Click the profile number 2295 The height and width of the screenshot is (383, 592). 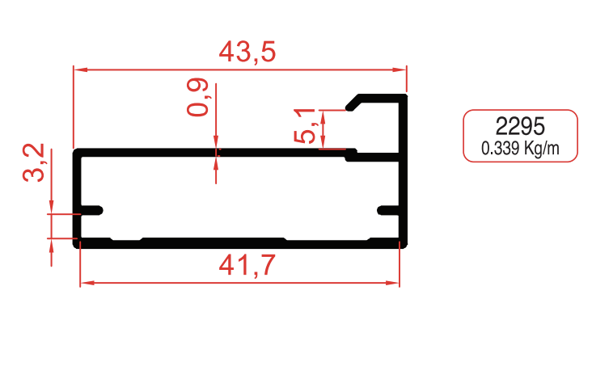520,127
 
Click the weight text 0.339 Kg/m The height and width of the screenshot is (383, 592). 520,148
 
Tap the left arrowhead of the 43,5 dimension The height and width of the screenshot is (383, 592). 79,69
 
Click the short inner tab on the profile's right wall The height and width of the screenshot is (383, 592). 391,211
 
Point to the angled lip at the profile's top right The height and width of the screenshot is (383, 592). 354,103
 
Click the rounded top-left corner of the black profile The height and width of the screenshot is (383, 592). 78,153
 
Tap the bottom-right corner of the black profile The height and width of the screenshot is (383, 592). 403,244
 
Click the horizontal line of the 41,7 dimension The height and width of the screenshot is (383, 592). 162,284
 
